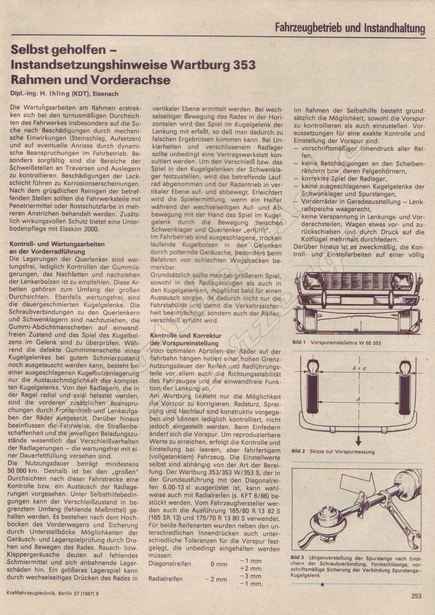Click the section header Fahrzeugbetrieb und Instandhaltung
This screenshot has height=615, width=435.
pos(350,28)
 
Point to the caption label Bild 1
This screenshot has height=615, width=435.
pos(298,342)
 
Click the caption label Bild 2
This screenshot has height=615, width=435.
pos(298,451)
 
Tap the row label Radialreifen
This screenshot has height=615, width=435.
pos(166,579)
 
